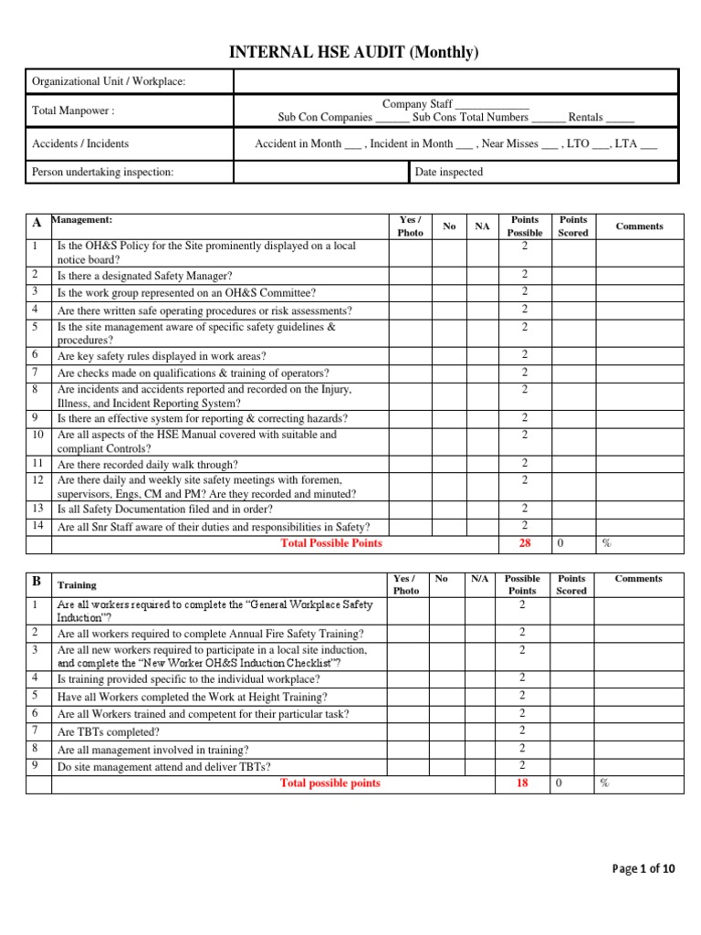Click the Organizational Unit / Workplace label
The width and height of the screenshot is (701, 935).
click(x=109, y=82)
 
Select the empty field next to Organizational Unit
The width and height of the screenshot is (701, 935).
click(x=455, y=82)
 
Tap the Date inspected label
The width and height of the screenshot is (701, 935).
click(x=449, y=172)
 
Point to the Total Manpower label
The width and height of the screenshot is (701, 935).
click(x=73, y=110)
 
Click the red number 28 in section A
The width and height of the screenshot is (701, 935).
click(x=524, y=543)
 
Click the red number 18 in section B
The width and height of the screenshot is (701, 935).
click(x=522, y=783)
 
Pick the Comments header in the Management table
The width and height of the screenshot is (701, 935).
click(x=639, y=226)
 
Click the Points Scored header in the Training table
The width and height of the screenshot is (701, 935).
click(x=571, y=584)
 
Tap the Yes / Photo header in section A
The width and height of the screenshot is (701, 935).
click(x=410, y=226)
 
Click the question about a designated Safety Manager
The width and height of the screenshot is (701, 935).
click(x=145, y=276)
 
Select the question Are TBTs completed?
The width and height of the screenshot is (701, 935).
click(x=109, y=731)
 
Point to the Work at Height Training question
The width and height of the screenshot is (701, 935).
click(x=193, y=697)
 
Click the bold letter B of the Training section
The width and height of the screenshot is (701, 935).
click(x=37, y=582)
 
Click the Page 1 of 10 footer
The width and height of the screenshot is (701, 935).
click(x=644, y=868)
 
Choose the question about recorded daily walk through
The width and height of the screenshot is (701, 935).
click(x=147, y=464)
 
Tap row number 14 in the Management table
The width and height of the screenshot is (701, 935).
click(x=37, y=526)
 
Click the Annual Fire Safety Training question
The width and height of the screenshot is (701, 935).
click(x=210, y=634)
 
